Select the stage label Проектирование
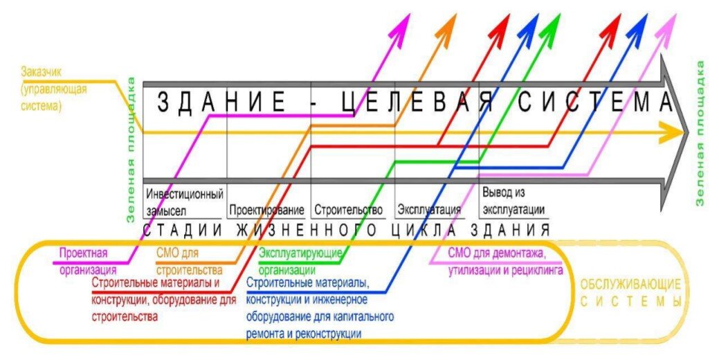coord(266,210)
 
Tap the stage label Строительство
coord(348,210)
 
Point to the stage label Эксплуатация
coord(429,210)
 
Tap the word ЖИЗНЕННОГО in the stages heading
coord(308,230)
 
